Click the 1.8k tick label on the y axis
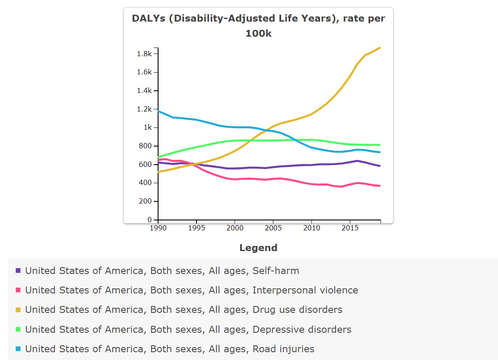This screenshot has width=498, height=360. pos(144,54)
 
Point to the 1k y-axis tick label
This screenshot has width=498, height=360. pos(148,127)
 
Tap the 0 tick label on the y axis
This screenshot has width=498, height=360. pos(150,220)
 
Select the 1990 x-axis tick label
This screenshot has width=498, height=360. pos(158,227)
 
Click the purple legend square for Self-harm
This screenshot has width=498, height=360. pos(18,271)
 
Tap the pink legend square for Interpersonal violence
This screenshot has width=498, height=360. pos(18,290)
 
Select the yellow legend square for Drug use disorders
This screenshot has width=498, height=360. pos(18,309)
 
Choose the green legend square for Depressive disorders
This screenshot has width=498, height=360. pos(18,329)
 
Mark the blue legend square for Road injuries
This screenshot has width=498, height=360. pos(18,349)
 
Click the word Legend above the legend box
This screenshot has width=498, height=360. pos(258,248)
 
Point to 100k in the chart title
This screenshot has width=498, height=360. pos(258,33)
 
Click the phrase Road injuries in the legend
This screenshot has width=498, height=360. pos(283,349)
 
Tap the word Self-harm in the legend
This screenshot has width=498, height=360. pos(276,271)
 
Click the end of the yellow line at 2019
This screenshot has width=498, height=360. pos(380,48)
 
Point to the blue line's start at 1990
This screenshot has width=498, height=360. pos(159,111)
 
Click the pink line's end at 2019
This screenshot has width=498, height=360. pos(380,186)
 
